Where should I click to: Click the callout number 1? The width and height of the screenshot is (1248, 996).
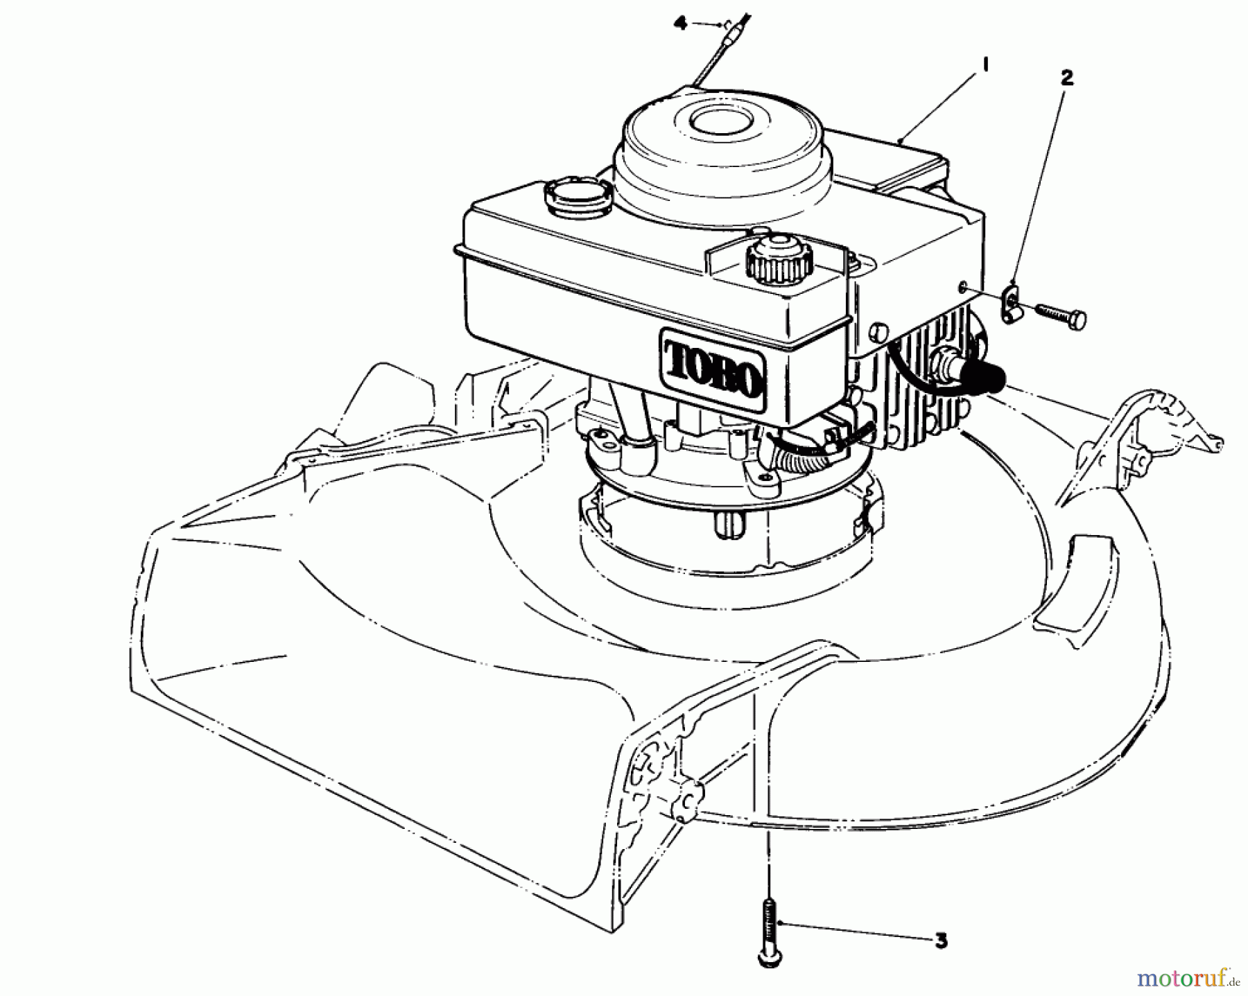pyautogui.click(x=985, y=65)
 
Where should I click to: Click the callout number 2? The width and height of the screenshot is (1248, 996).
pyautogui.click(x=1066, y=78)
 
